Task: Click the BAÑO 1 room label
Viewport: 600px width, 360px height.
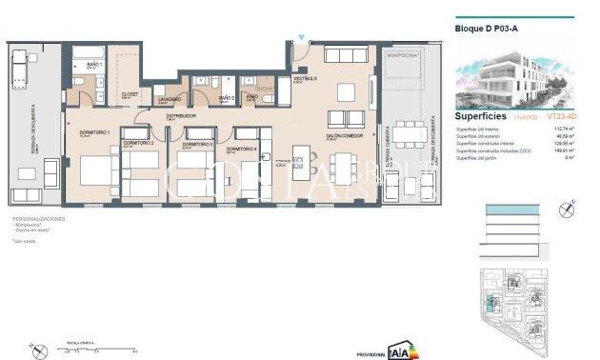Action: click(93, 63)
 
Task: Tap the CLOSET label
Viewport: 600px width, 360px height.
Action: click(130, 94)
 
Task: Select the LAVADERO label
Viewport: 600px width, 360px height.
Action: click(170, 98)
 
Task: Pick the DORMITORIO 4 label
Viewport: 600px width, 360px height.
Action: click(241, 149)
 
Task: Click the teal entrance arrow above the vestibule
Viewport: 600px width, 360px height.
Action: click(301, 38)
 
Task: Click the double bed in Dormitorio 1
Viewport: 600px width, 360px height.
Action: click(95, 170)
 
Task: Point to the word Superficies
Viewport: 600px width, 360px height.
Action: click(481, 115)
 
